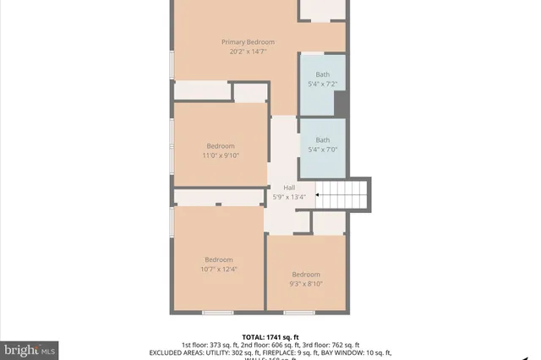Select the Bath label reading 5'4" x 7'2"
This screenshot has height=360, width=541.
323,84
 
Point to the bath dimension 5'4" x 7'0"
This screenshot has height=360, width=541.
323,149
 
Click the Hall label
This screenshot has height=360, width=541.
289,188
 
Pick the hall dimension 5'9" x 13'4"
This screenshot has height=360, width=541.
289,197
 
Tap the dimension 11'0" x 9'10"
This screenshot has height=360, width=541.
221,155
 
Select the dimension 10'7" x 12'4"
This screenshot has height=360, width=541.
219,269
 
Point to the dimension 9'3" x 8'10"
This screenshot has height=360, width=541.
306,284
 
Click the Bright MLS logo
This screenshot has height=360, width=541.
30,347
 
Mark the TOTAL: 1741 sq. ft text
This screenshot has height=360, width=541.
270,335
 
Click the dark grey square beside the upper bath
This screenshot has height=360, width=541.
341,102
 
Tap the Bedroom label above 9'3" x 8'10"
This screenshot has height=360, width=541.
306,275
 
